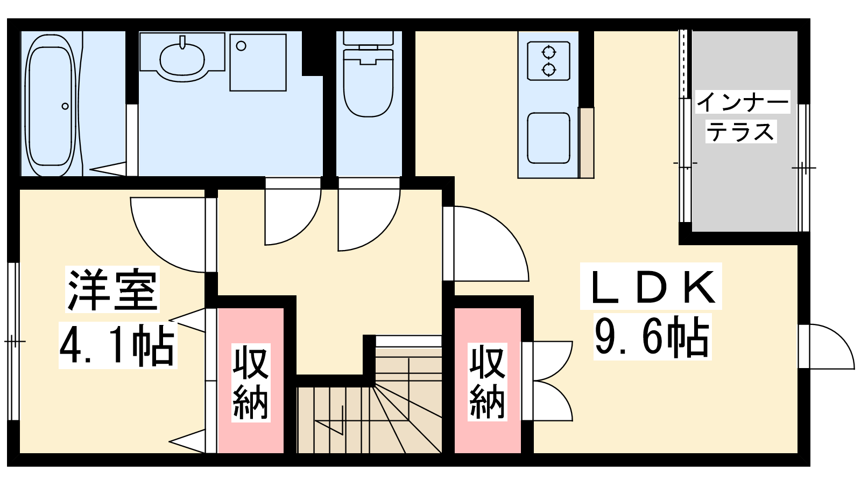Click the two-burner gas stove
[548, 61]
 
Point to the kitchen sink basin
[548, 138]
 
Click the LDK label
[651, 286]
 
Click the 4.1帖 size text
[118, 345]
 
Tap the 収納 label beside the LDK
[487, 382]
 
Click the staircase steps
[369, 405]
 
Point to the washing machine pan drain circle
[241, 46]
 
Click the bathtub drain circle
[65, 106]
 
